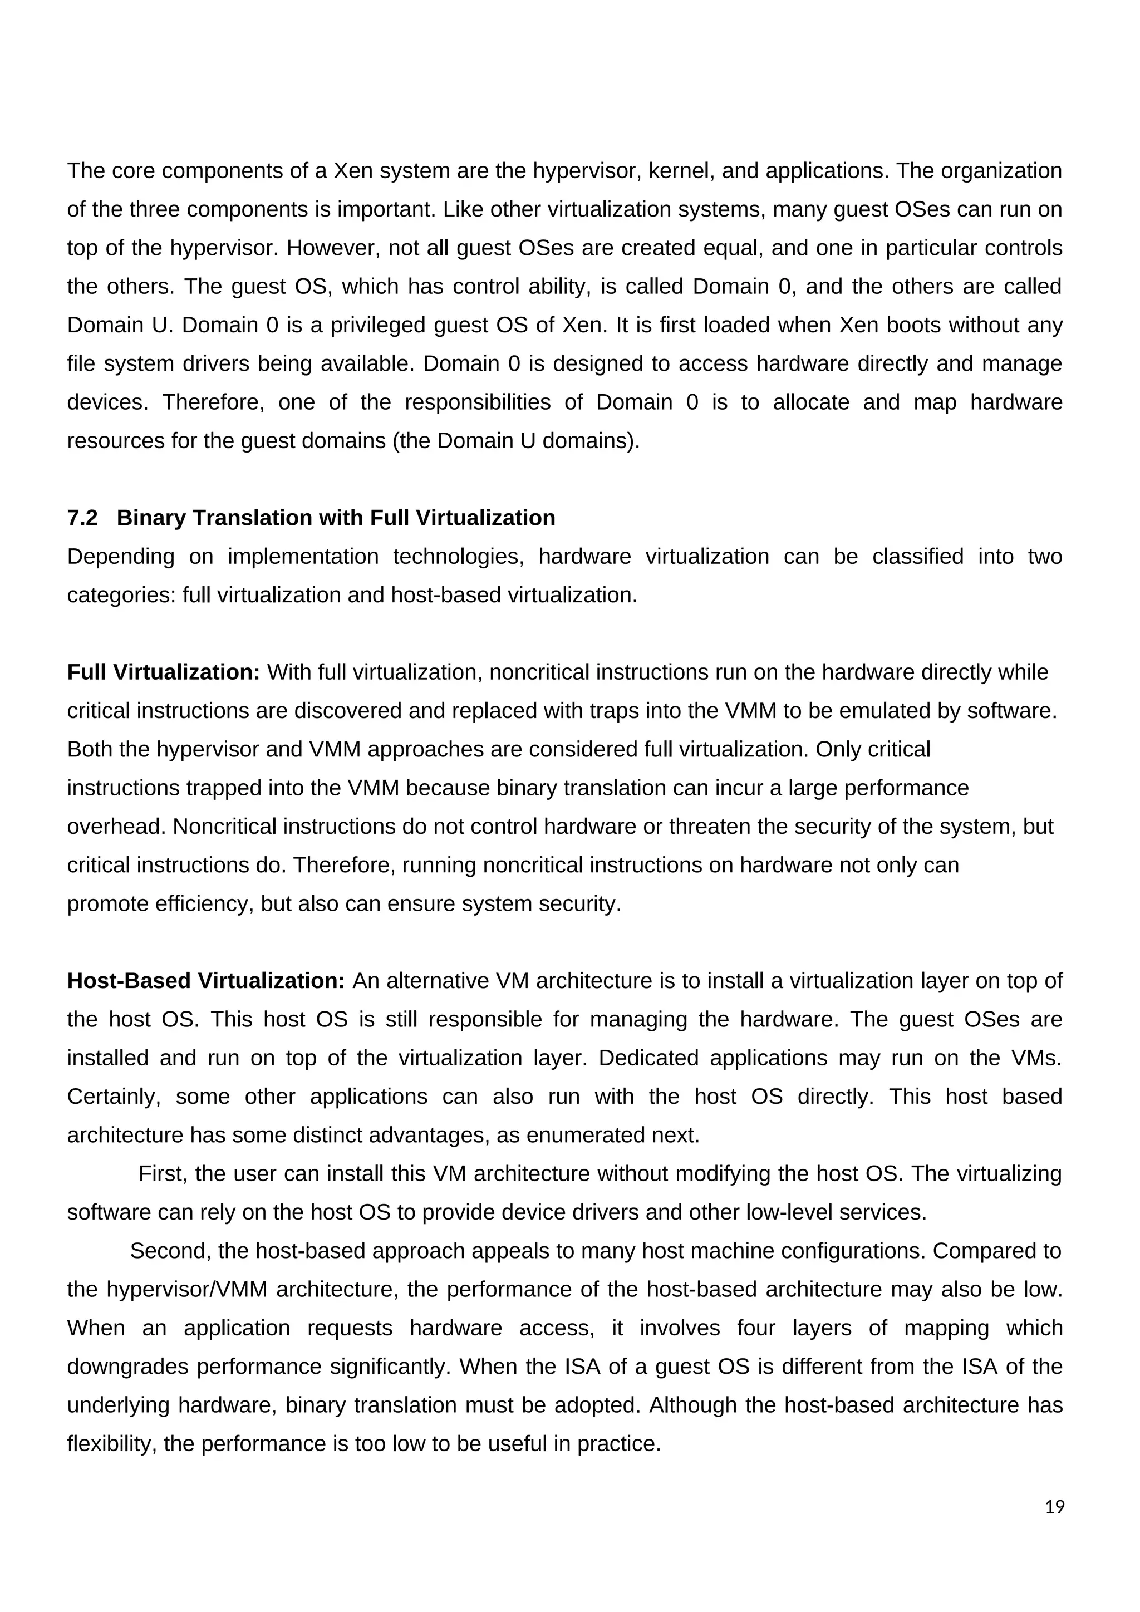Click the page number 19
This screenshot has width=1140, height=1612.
(1054, 1507)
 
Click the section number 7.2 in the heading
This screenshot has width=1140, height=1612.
(82, 518)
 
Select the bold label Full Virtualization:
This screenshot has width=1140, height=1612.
(164, 672)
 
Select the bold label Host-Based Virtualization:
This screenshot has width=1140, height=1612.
(205, 981)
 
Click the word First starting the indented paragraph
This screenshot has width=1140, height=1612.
(162, 1173)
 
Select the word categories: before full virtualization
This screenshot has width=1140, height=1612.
(121, 596)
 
